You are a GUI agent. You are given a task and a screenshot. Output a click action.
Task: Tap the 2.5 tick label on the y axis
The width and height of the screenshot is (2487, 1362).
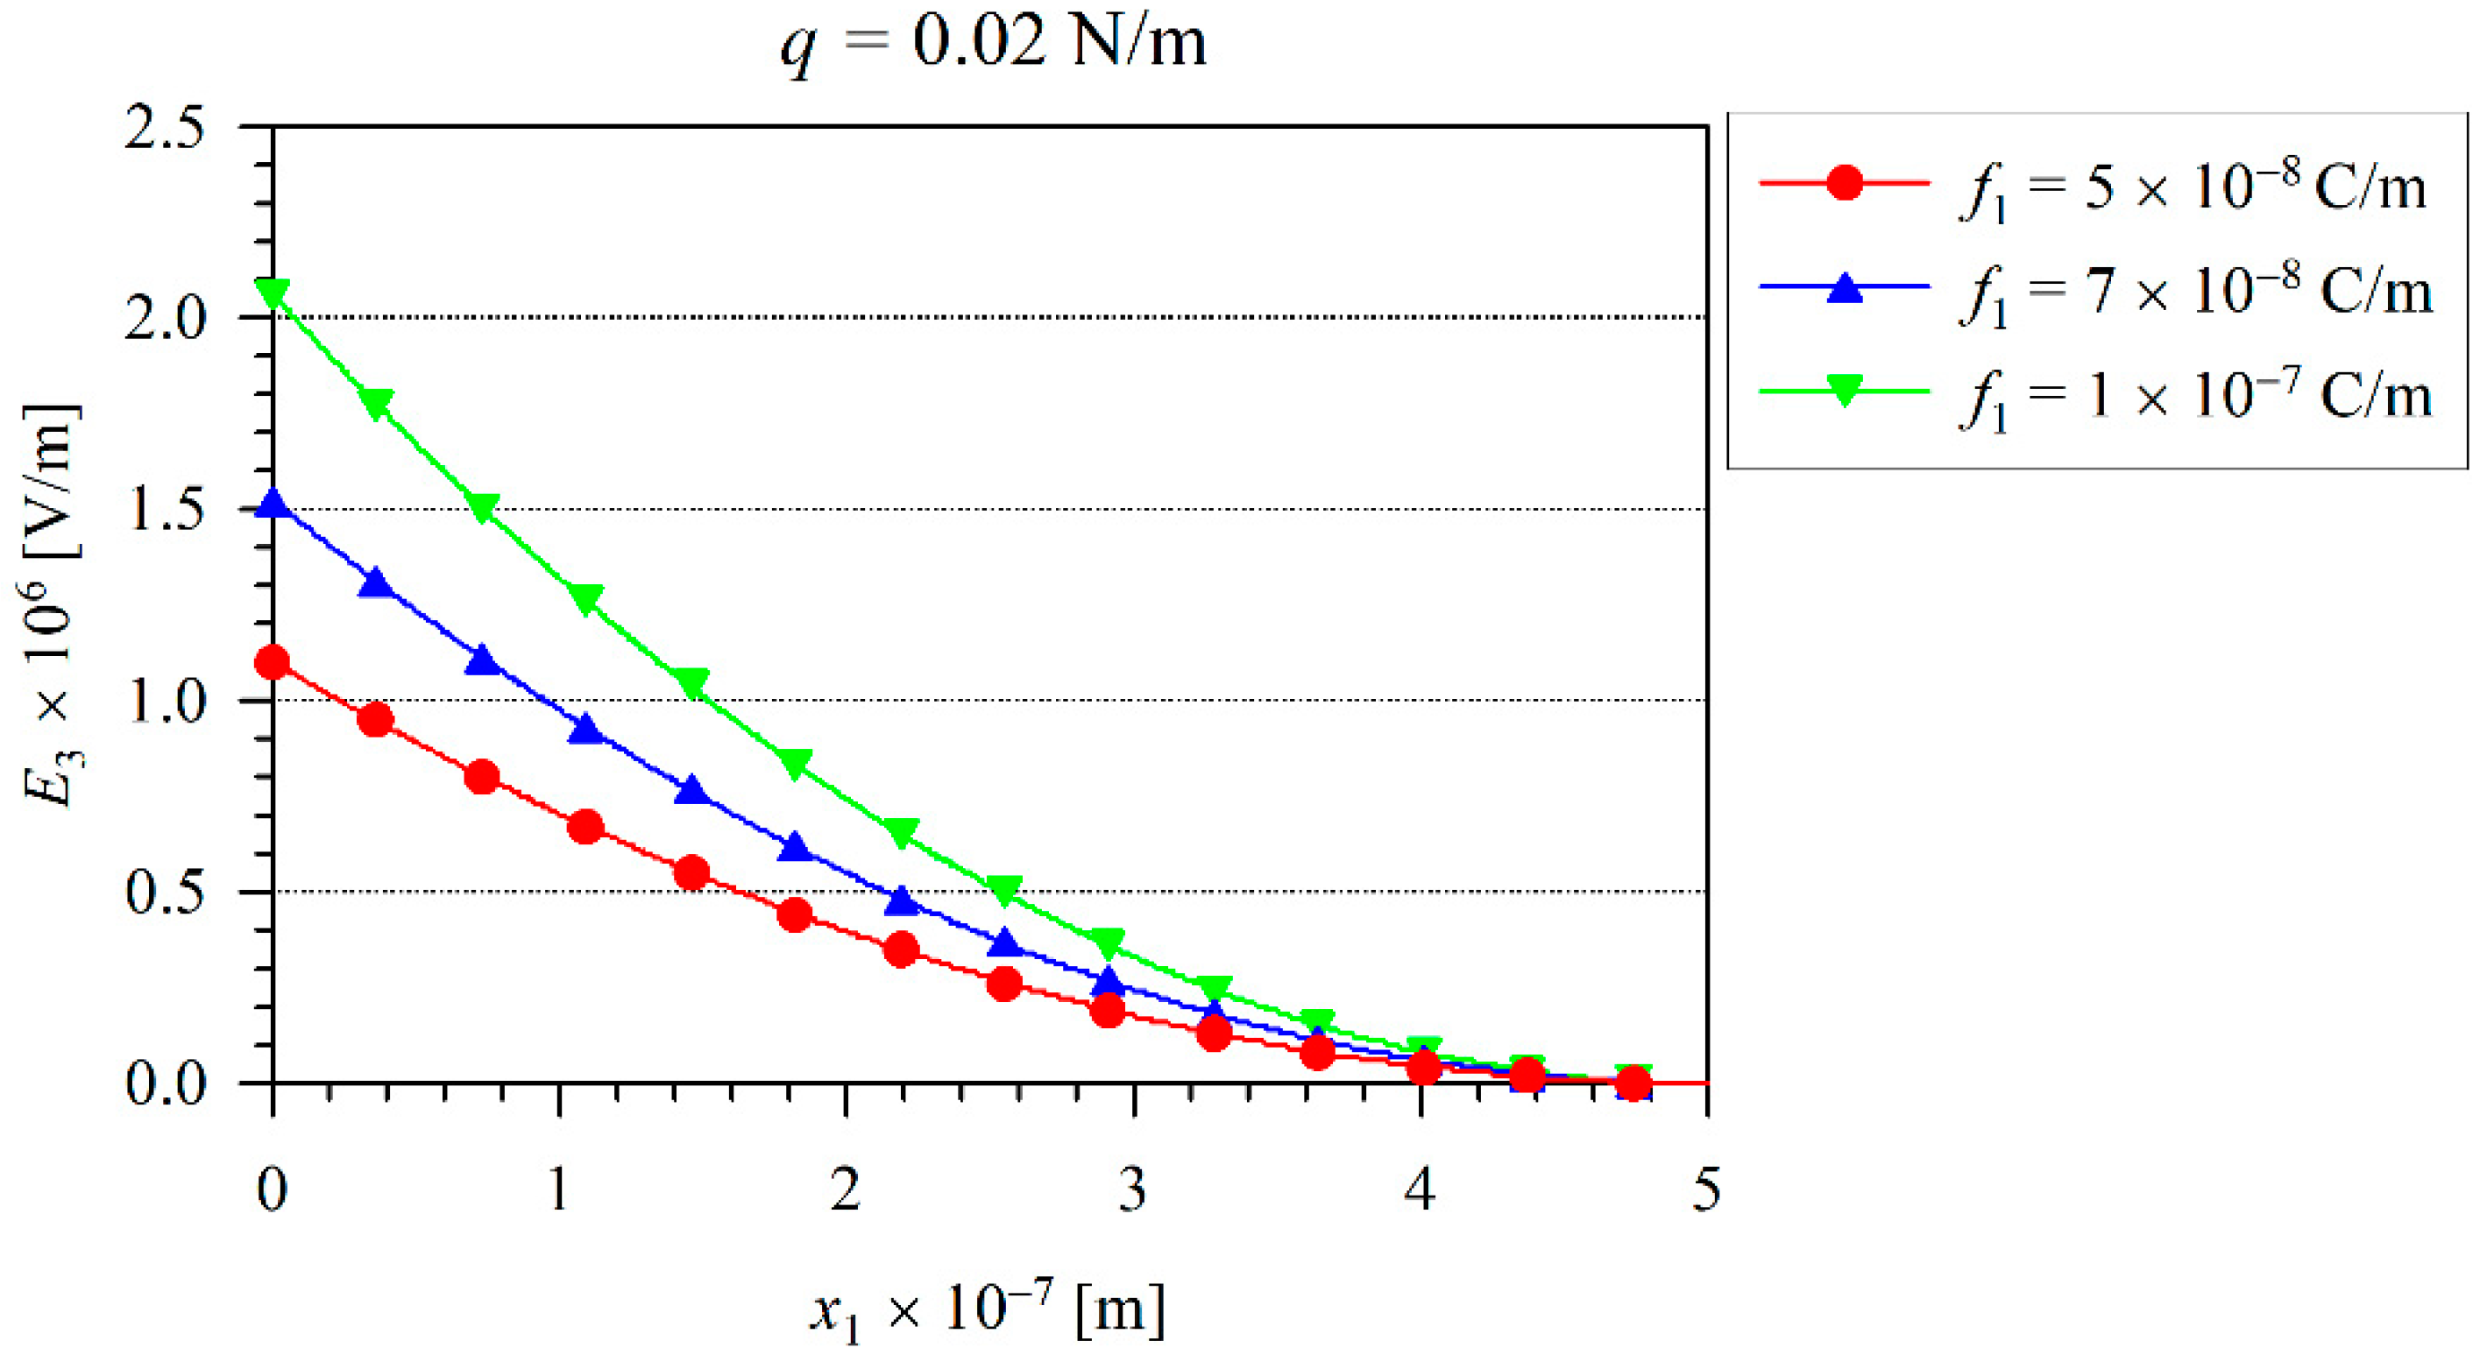[x=165, y=129]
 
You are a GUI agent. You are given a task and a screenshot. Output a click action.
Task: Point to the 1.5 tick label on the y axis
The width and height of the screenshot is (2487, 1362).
[x=165, y=510]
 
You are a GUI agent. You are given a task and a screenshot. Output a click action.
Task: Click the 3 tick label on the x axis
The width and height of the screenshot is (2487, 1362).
[x=1132, y=1189]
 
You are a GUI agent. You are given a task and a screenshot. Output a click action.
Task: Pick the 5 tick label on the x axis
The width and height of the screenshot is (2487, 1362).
[x=1706, y=1189]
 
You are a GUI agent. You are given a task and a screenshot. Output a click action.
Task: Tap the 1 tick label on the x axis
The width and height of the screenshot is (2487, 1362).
[x=559, y=1189]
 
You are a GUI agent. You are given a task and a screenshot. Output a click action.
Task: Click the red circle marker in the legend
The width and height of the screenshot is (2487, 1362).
[x=1845, y=182]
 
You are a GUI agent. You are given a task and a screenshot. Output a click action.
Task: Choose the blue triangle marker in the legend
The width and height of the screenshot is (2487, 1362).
[x=1845, y=287]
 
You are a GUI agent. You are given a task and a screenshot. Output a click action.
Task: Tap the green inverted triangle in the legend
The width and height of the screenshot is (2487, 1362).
[x=1845, y=392]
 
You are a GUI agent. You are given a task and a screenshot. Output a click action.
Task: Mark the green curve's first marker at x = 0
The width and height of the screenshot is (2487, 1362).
[x=273, y=293]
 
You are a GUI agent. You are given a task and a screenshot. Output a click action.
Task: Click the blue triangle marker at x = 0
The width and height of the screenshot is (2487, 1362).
[x=273, y=504]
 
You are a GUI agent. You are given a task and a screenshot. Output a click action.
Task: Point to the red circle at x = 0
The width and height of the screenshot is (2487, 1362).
[x=273, y=663]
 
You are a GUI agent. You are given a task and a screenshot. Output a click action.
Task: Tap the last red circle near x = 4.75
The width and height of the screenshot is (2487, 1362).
[x=1633, y=1084]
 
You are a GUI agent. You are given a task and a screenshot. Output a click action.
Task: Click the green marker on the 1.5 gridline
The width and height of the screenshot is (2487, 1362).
[x=483, y=508]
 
